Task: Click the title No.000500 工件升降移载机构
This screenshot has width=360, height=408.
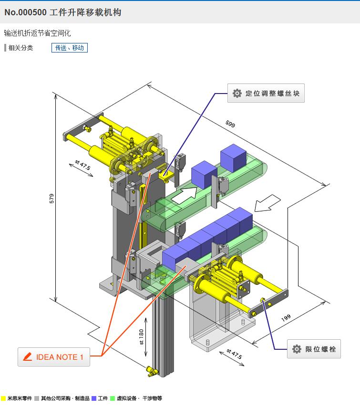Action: click(x=62, y=12)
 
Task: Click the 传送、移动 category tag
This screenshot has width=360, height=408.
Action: click(x=70, y=48)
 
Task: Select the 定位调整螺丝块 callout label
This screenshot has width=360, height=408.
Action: click(x=266, y=94)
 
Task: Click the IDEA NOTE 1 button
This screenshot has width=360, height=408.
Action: click(x=54, y=357)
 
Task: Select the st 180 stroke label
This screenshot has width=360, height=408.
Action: click(x=141, y=337)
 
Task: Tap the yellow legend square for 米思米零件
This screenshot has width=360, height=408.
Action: click(x=3, y=398)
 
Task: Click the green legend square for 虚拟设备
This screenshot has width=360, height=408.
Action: click(x=113, y=398)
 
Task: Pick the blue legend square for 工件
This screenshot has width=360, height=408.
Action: click(x=94, y=398)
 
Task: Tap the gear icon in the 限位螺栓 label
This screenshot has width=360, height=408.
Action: click(x=297, y=349)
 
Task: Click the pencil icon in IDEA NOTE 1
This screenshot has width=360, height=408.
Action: click(x=28, y=357)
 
